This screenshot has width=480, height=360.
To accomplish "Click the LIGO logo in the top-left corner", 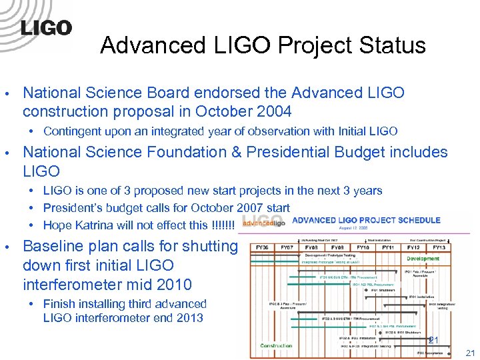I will pos(45,28).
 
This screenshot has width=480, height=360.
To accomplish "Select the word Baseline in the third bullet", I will pos(53,246).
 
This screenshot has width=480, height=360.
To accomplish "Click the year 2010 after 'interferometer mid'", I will pos(173,285).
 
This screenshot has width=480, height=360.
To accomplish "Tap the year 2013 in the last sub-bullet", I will pos(189,317).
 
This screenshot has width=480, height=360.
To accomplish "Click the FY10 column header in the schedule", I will pos(362,247).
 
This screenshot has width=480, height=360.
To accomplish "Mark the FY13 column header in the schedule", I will pos(439,247).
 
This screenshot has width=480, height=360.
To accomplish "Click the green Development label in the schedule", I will pos(423,259).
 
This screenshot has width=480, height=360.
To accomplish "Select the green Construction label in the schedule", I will pos(276,345).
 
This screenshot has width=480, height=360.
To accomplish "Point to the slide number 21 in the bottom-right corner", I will pos(470,353).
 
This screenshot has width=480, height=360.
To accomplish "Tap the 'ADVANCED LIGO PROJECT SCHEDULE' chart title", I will pos(366,220).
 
